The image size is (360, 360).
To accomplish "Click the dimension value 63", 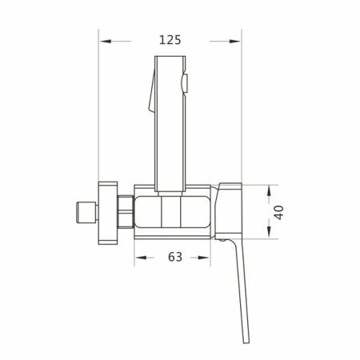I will (x=175, y=257).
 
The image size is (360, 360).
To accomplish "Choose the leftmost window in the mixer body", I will (x=146, y=213).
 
